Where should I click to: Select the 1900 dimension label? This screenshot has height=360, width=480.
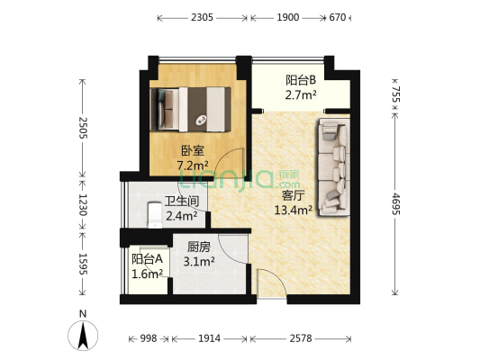[x=289, y=16]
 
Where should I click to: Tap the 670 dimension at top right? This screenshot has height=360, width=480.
[x=337, y=16]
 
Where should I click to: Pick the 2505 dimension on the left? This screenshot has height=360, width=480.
[x=83, y=127]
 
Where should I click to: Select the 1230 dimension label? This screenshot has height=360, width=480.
[x=83, y=204]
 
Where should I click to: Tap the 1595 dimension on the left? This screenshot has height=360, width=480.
[x=83, y=263]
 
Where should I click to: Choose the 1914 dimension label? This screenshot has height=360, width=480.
[x=210, y=338]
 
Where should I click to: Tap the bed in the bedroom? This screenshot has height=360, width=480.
[x=193, y=107]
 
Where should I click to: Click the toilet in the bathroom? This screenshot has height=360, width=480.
[x=154, y=213]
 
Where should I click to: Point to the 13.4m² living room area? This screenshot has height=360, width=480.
[x=293, y=211]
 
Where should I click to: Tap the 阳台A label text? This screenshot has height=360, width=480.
[x=147, y=258]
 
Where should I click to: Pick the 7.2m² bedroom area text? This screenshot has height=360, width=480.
[x=193, y=166]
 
